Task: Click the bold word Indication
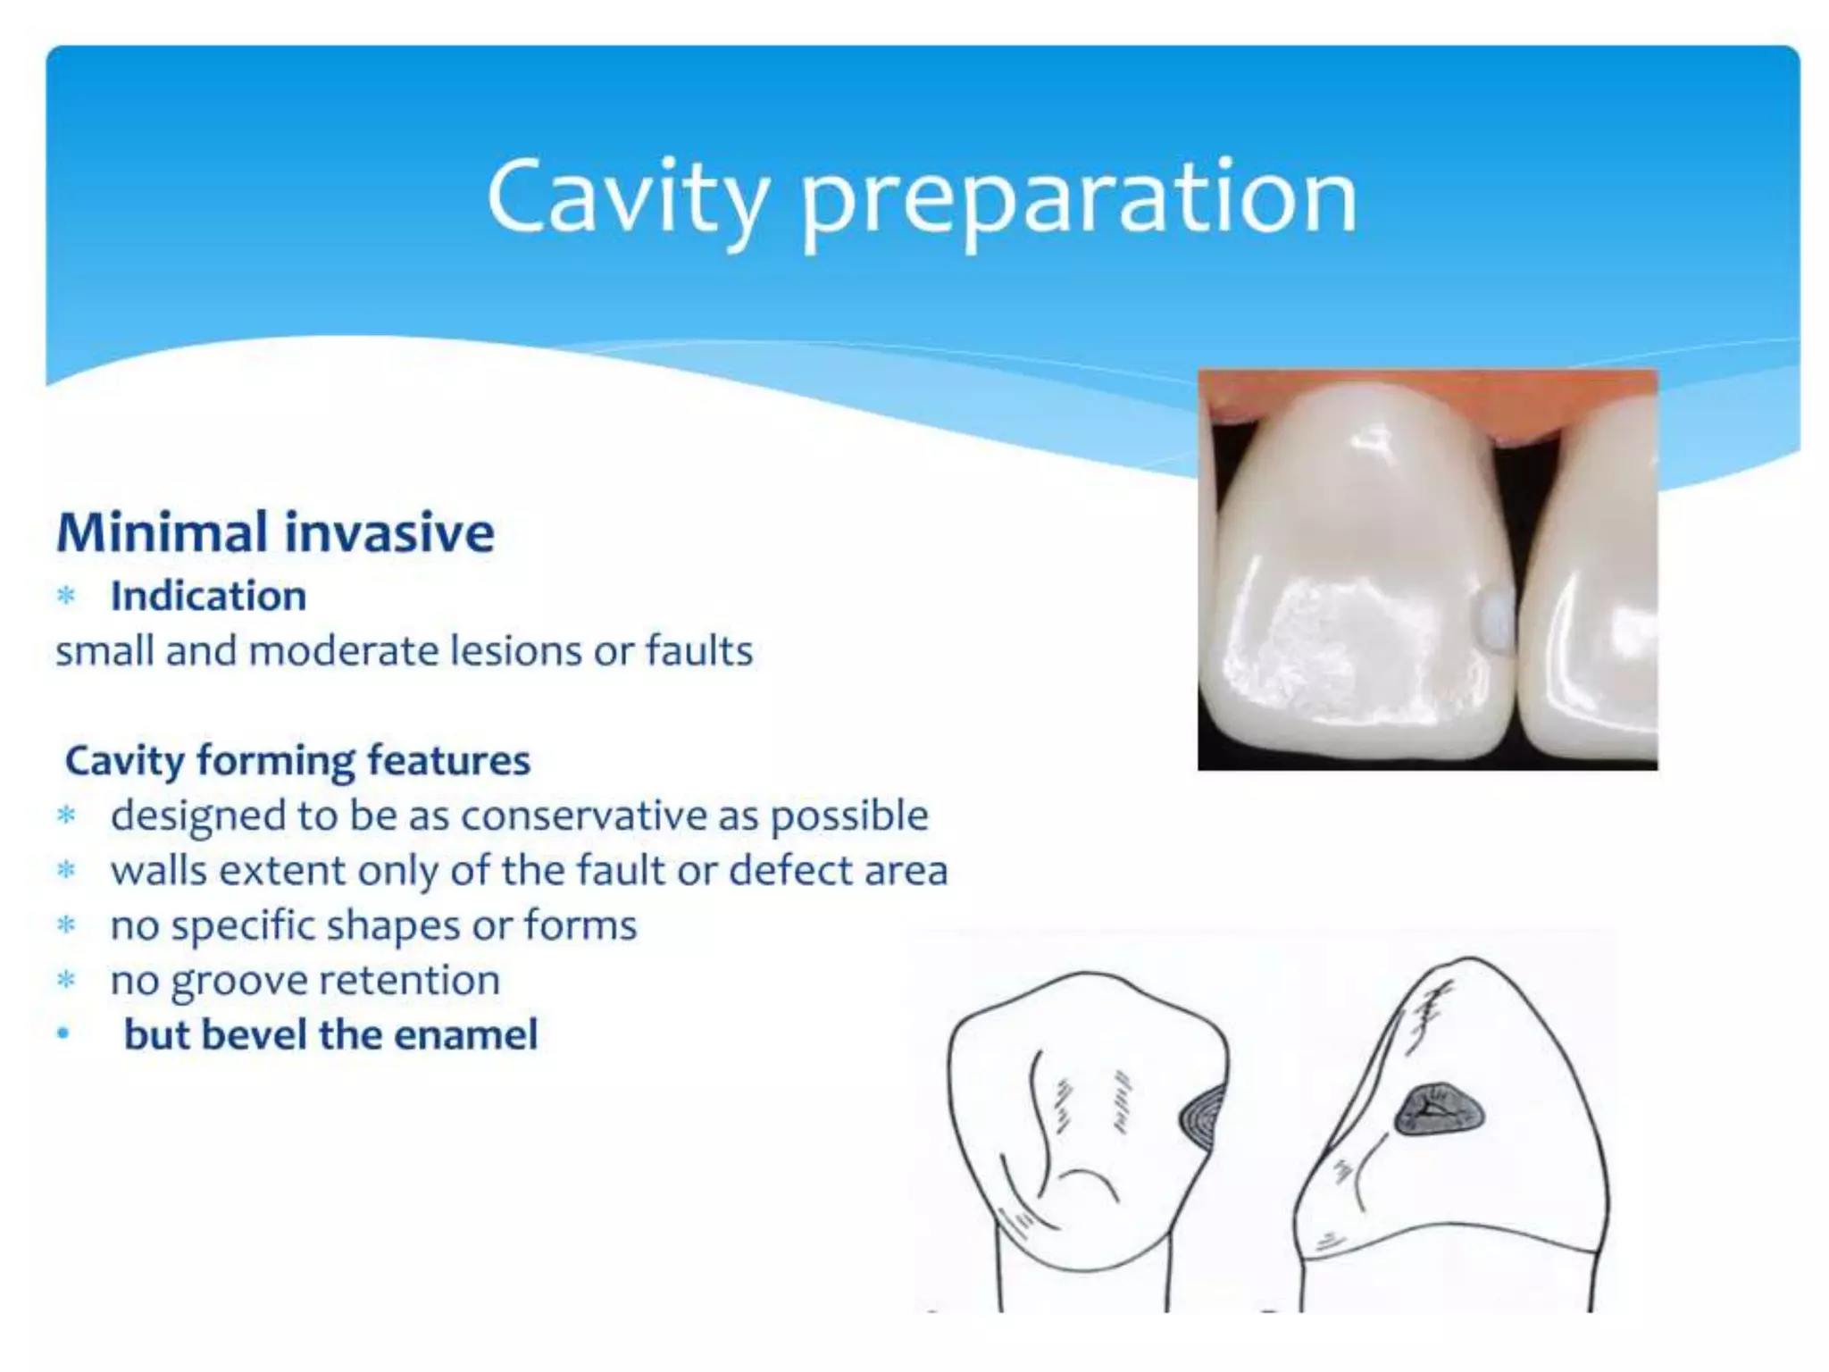point(208,596)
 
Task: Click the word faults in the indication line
point(699,650)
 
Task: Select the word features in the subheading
point(448,761)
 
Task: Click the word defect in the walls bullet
point(778,870)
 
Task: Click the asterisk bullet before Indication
point(66,597)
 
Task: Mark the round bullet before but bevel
point(63,1034)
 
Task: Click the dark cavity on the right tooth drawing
point(1440,1111)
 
